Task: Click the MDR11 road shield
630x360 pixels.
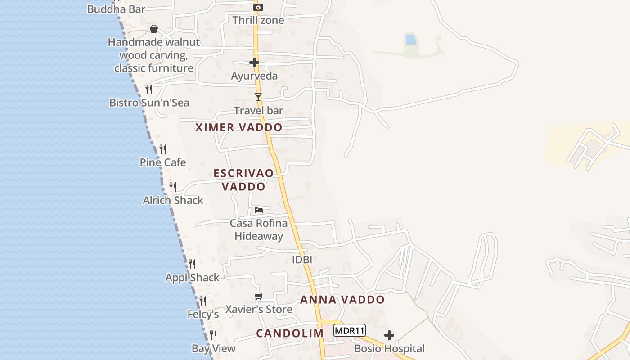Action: coord(350,331)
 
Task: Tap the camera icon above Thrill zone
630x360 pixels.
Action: coord(258,7)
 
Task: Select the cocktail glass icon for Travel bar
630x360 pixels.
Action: coord(258,97)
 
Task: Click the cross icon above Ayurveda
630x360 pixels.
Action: coord(254,63)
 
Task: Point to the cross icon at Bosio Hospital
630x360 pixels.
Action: coord(389,335)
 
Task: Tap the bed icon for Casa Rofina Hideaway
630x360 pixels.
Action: coord(259,210)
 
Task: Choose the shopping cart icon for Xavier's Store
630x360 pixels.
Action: coord(258,296)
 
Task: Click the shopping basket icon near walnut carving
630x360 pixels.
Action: coord(154,29)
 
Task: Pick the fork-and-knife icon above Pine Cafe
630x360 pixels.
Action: coord(163,149)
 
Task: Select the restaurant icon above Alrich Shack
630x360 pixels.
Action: coord(173,187)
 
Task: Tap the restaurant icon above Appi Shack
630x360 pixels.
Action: coord(192,264)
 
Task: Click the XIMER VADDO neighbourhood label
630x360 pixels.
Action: coord(239,127)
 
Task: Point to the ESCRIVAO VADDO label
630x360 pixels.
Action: coord(243,180)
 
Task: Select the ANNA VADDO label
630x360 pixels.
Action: coord(342,300)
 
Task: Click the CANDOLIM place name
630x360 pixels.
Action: coord(290,333)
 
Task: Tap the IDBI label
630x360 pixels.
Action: coord(302,260)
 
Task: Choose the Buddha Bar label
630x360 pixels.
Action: coord(116,9)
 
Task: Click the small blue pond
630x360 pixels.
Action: coord(410,39)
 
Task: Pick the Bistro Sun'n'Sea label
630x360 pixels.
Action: coord(149,103)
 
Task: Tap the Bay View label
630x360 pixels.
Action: coord(214,348)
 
